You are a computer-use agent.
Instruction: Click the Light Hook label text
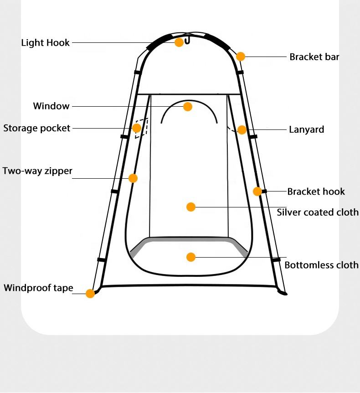(46, 43)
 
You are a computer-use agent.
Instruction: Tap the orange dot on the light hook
(179, 42)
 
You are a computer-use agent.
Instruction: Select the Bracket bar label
(314, 57)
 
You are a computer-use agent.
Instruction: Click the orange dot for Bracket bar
(241, 57)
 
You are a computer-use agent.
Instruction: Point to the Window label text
(51, 106)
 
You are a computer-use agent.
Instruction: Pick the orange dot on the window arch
(188, 107)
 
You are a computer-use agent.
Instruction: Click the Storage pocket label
(37, 128)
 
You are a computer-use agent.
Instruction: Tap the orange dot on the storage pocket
(137, 128)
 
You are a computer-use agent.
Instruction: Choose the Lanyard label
(307, 129)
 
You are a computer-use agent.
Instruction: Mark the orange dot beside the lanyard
(242, 130)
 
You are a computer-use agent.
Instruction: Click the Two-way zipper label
(37, 171)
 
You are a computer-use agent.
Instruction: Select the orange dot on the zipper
(133, 178)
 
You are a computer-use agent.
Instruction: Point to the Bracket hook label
(316, 191)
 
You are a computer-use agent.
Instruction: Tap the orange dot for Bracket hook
(257, 191)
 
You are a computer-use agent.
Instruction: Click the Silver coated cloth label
(318, 212)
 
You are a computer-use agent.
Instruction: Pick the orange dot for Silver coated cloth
(191, 207)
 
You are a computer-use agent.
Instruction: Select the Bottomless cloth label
(321, 265)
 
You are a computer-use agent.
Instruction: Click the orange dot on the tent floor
(191, 257)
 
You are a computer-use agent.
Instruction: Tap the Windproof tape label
(38, 288)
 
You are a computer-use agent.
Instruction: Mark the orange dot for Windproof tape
(90, 294)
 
